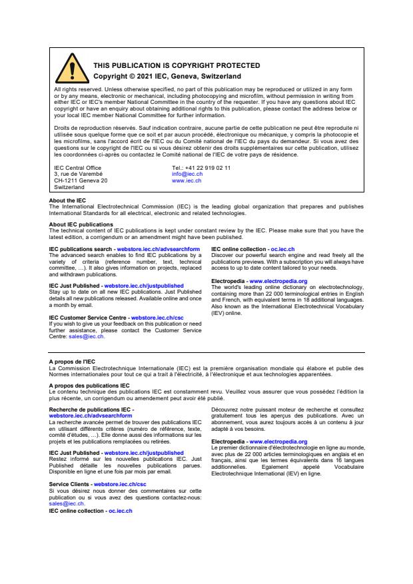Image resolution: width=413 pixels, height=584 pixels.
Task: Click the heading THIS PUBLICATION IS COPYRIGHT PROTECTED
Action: (177, 65)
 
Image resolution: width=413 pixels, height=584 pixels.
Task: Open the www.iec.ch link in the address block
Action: (187, 180)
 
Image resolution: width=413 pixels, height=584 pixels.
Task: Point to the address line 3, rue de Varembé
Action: (78, 174)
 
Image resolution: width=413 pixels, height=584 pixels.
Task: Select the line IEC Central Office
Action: (77, 168)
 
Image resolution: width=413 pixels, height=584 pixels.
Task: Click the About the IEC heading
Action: (67, 200)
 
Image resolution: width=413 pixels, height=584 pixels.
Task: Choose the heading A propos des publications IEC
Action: (89, 386)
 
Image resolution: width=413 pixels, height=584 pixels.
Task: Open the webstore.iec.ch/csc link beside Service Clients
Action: (120, 484)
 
